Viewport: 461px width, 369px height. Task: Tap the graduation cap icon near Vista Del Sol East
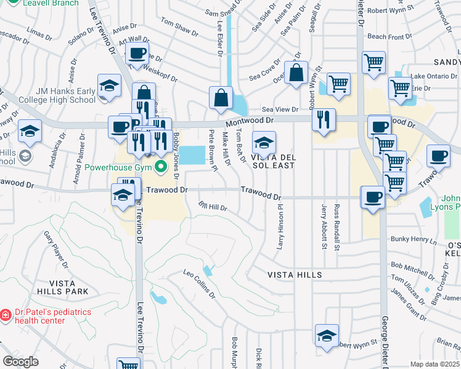(x=264, y=143)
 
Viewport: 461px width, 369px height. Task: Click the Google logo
(x=20, y=362)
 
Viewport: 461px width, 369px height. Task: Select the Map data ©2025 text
(x=434, y=364)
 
